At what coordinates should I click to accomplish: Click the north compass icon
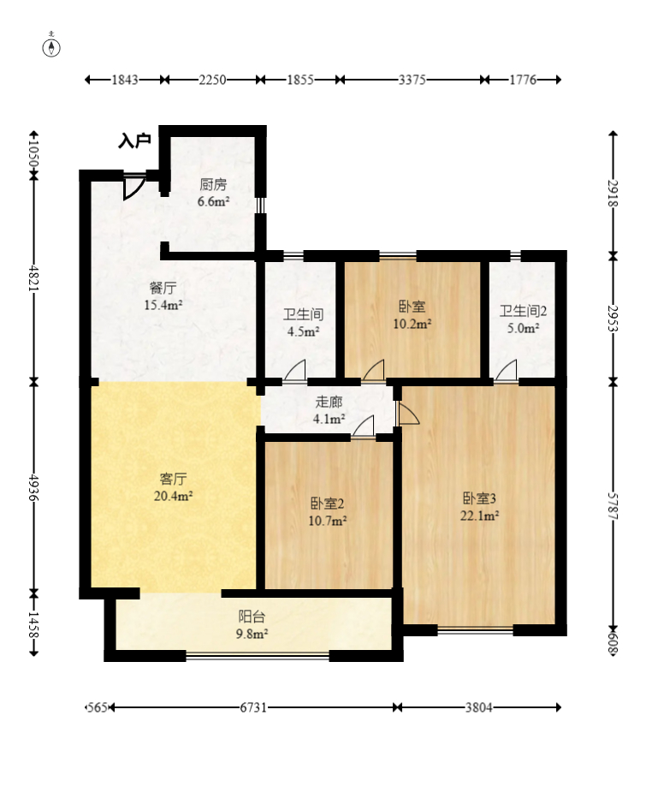(53, 45)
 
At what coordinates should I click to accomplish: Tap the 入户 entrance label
(134, 140)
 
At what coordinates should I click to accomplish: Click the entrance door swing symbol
(133, 188)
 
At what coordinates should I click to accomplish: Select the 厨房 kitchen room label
(213, 193)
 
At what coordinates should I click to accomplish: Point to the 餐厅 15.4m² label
(163, 296)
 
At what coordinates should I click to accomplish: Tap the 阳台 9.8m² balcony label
(252, 625)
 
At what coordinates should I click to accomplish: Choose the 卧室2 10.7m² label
(329, 511)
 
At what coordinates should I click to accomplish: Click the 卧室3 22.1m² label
(480, 506)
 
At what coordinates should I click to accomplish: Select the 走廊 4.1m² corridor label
(329, 410)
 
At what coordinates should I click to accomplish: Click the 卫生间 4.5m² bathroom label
(303, 322)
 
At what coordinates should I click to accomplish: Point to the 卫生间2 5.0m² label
(524, 319)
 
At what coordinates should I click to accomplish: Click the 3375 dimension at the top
(412, 80)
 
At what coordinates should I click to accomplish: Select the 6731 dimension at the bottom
(253, 707)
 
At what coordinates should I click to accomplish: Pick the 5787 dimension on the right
(613, 504)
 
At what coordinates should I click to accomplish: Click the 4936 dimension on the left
(34, 486)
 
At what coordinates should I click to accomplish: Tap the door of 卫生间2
(506, 371)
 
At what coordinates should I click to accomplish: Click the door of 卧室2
(364, 426)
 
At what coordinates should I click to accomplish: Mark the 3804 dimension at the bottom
(478, 707)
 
